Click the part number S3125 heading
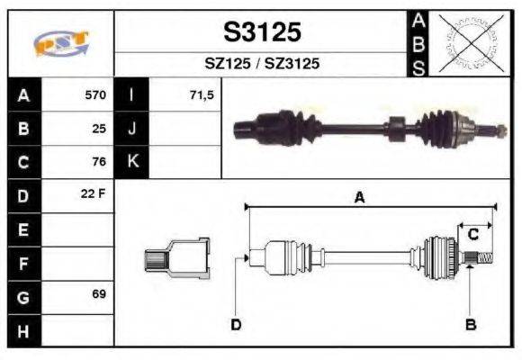[261, 32]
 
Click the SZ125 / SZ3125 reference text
[261, 65]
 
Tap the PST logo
[61, 43]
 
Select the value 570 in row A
[94, 94]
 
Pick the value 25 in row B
[99, 128]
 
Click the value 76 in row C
[99, 162]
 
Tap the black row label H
[23, 329]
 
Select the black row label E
[23, 229]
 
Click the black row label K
[131, 162]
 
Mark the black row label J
[131, 128]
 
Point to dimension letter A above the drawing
[359, 198]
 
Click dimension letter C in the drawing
[472, 234]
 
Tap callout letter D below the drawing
[236, 324]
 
